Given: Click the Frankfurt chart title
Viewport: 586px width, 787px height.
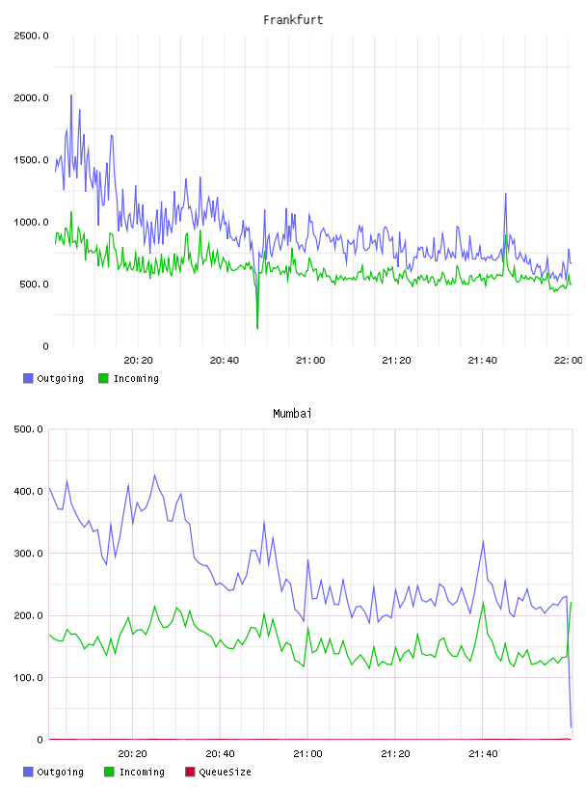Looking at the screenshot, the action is (x=293, y=20).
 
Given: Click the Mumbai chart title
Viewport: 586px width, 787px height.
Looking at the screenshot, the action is (x=292, y=414).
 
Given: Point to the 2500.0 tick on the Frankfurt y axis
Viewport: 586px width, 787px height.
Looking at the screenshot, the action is (x=31, y=36).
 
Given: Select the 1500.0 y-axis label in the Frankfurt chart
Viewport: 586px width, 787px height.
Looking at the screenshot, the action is (x=31, y=160).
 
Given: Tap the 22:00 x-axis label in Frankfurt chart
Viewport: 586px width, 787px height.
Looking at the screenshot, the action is (x=568, y=361).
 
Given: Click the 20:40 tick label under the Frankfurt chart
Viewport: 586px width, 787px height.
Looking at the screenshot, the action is (x=225, y=361).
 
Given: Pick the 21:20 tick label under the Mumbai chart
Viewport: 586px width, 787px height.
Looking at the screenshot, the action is (x=395, y=754).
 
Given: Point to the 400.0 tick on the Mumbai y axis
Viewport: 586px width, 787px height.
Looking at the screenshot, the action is (x=29, y=491).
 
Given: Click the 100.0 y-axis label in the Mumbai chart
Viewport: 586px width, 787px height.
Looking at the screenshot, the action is (x=29, y=678).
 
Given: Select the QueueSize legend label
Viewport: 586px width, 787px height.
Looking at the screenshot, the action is (x=226, y=772).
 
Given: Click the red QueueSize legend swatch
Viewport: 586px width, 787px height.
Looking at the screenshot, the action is (x=190, y=772).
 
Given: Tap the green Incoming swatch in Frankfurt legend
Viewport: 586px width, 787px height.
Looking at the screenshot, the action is (x=103, y=378).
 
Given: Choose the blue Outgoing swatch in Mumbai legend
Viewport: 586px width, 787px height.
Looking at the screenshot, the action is (x=28, y=772).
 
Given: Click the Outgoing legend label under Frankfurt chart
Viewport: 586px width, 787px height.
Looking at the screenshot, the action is (x=60, y=378).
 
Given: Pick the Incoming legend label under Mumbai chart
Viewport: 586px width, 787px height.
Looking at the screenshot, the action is (x=142, y=772).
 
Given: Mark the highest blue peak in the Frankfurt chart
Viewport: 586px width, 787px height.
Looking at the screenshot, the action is (x=71, y=95).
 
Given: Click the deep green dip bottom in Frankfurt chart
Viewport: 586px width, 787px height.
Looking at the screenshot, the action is (x=257, y=328).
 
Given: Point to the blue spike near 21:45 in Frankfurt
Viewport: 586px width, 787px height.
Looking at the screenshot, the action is (x=506, y=194).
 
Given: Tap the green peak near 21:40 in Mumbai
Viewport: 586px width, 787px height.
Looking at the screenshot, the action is (x=483, y=602).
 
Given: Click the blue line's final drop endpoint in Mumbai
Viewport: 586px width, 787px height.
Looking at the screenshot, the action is (x=571, y=727).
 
